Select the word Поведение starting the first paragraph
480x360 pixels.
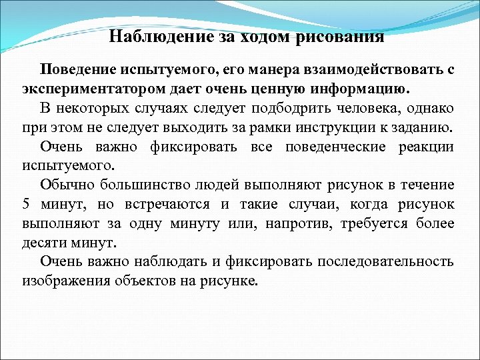(77, 69)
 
